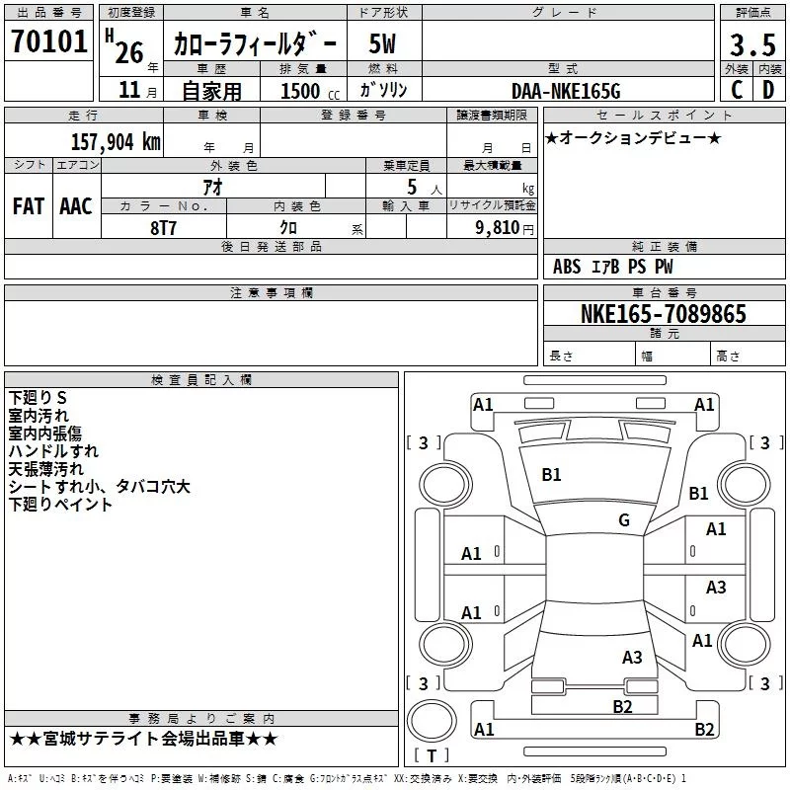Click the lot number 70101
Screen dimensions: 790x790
pos(48,41)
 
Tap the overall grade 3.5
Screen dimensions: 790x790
pos(752,44)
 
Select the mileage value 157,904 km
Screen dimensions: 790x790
pos(116,141)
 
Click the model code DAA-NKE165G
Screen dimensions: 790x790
pos(566,91)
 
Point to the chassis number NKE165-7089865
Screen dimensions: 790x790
pos(664,313)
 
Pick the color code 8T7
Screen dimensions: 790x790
pos(163,228)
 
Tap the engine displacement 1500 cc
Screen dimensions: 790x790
pos(310,91)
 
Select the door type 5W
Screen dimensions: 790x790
pos(382,43)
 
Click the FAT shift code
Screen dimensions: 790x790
pos(29,206)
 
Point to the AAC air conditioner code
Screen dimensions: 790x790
pos(76,206)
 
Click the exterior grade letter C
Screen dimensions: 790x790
pos(737,90)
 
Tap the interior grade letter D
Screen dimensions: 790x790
pos(768,90)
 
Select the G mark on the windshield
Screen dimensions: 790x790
pos(624,519)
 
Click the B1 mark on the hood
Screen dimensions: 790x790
pos(551,475)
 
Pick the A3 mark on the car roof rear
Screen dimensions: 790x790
pos(632,657)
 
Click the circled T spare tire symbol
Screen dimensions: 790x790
pos(432,721)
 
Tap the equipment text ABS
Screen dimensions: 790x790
pos(567,267)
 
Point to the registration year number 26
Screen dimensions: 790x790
pos(129,52)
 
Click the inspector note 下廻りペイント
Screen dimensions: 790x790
pos(60,505)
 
